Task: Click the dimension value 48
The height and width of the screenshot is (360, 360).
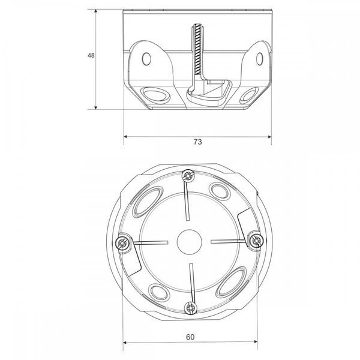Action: click(91, 55)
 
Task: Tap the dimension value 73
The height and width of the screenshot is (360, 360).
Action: click(197, 142)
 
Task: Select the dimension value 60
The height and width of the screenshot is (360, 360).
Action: click(190, 337)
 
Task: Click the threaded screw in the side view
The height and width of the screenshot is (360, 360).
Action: click(197, 50)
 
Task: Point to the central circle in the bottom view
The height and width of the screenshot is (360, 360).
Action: click(190, 242)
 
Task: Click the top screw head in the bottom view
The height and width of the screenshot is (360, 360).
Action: click(188, 176)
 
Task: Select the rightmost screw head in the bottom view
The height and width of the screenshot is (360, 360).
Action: click(256, 241)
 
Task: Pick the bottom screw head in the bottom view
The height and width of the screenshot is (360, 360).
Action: click(191, 308)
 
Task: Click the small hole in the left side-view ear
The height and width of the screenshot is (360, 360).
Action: click(146, 59)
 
